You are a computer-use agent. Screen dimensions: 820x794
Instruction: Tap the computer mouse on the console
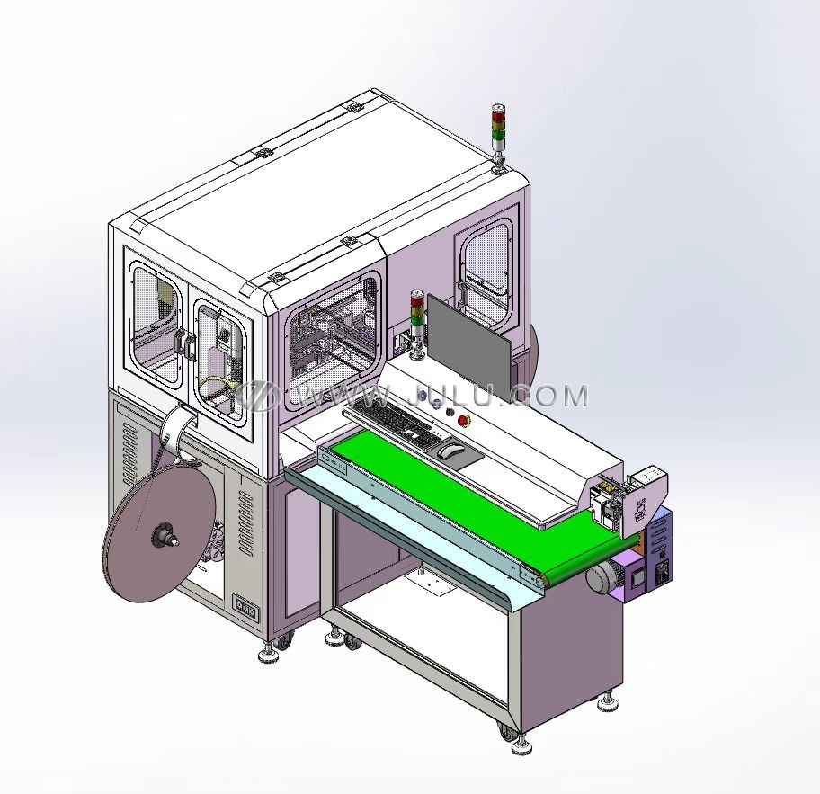click(450, 450)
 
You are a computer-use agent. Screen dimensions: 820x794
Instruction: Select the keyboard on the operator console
click(398, 423)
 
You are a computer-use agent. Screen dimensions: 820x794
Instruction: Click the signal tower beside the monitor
click(418, 325)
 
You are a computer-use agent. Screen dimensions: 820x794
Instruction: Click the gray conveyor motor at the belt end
click(602, 577)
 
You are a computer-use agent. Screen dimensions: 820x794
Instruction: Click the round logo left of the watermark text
click(257, 395)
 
